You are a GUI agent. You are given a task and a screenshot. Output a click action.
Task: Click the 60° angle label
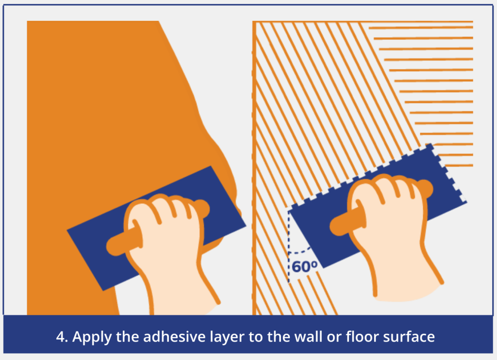pyautogui.click(x=304, y=267)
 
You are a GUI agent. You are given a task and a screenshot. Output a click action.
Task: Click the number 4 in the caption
pyautogui.click(x=60, y=337)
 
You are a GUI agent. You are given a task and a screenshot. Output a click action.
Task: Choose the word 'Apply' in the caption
pyautogui.click(x=92, y=337)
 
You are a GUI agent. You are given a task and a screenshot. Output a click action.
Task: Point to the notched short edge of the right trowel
pyautogui.click(x=447, y=173)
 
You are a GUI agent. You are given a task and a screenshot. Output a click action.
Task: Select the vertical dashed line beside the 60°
pyautogui.click(x=289, y=246)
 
